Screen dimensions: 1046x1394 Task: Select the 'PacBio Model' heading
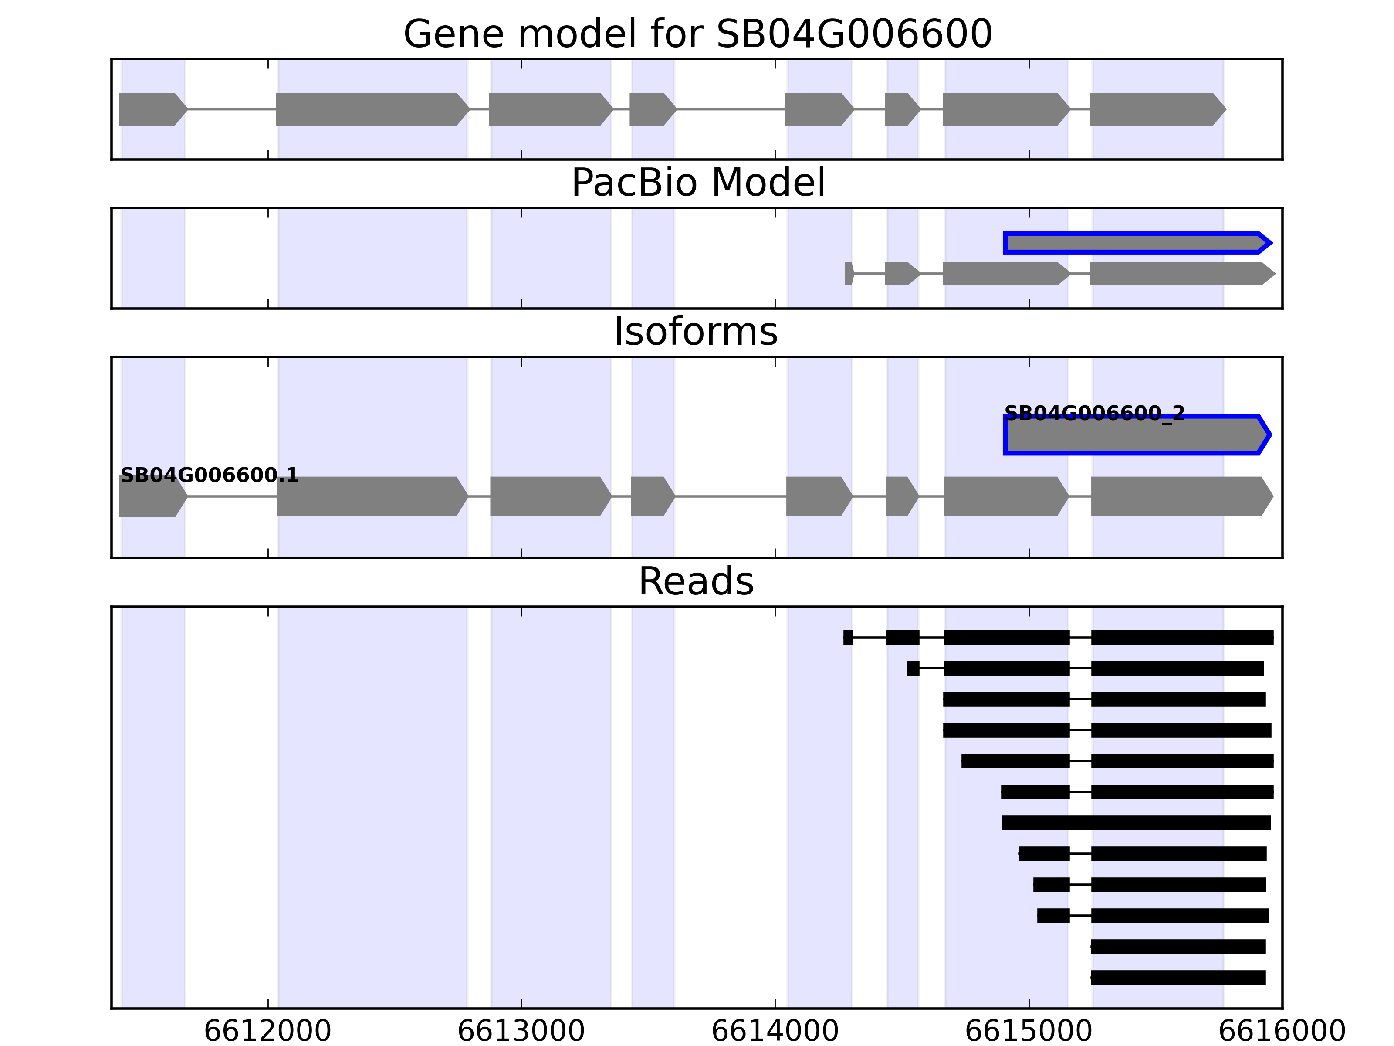(697, 183)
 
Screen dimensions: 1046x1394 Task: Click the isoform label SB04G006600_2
(1094, 414)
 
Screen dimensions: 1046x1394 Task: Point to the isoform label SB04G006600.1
(209, 475)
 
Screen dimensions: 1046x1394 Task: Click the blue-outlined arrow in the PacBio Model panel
(1134, 243)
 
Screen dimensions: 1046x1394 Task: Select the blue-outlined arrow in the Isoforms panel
(1134, 435)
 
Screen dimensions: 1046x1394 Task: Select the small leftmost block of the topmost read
(848, 638)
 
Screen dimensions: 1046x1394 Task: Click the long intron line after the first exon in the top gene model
(232, 109)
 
